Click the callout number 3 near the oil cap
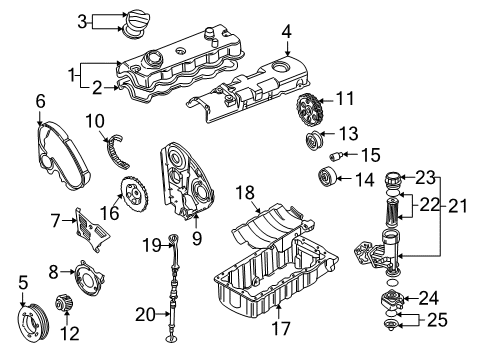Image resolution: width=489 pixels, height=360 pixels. (x=84, y=20)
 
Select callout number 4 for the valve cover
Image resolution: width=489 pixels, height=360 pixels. (x=287, y=31)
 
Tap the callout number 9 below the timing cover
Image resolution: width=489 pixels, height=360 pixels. (x=196, y=239)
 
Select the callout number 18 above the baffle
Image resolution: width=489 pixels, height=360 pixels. (x=243, y=190)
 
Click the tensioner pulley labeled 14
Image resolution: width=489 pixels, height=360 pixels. (x=327, y=180)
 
